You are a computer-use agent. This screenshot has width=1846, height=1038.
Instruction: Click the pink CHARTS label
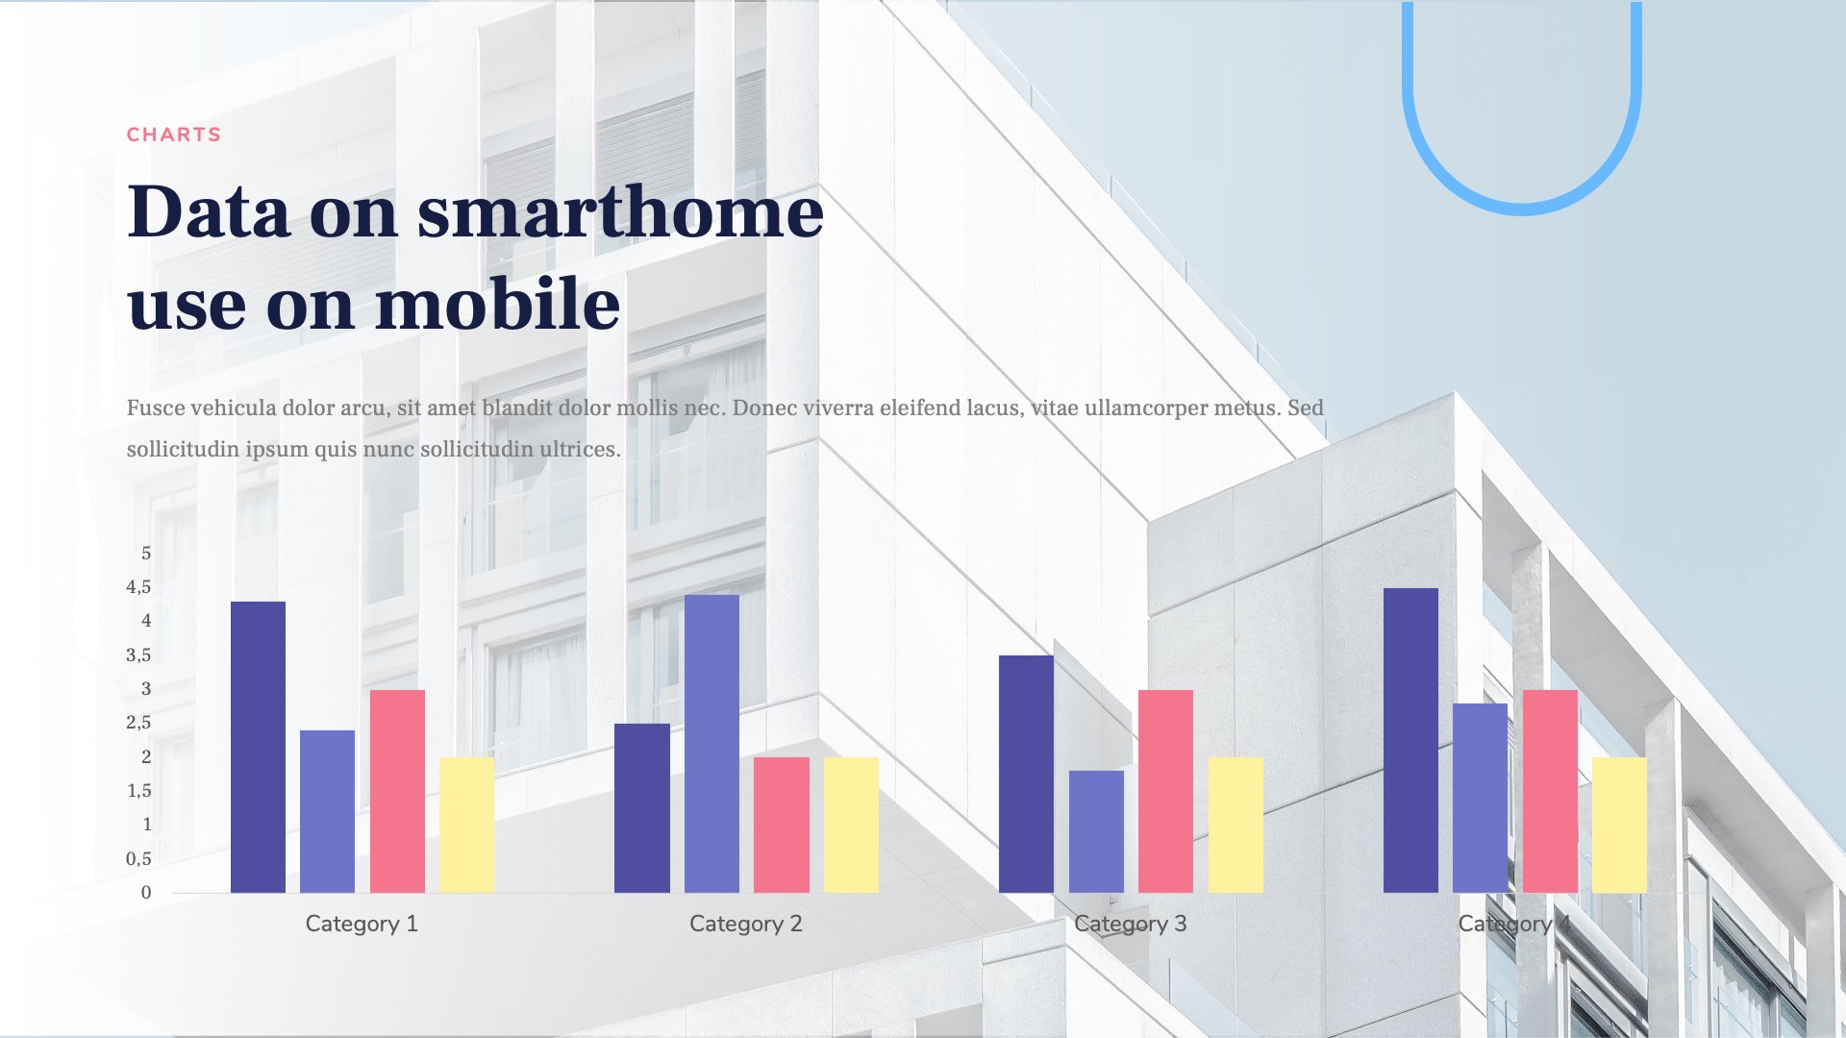pyautogui.click(x=174, y=135)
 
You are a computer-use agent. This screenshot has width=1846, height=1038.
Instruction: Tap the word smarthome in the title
pyautogui.click(x=620, y=211)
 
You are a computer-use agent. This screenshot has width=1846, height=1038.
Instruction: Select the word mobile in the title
pyautogui.click(x=497, y=304)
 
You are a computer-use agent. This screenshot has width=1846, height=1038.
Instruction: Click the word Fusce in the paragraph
pyautogui.click(x=156, y=408)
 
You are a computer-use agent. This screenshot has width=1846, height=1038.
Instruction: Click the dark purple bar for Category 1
pyautogui.click(x=258, y=747)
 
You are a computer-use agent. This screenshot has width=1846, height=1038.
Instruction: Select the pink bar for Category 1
pyautogui.click(x=397, y=791)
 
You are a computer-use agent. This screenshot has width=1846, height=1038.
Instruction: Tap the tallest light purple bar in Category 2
pyautogui.click(x=711, y=743)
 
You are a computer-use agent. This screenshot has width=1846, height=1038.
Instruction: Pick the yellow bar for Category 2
pyautogui.click(x=851, y=825)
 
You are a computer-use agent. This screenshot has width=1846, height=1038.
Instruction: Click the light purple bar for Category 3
pyautogui.click(x=1096, y=831)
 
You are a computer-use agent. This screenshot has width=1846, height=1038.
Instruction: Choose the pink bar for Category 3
pyautogui.click(x=1165, y=791)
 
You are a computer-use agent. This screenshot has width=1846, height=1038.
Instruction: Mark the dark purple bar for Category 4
pyautogui.click(x=1410, y=740)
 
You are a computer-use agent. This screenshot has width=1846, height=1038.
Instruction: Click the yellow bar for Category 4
pyautogui.click(x=1619, y=825)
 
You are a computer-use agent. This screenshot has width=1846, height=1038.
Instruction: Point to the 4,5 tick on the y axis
pyautogui.click(x=138, y=587)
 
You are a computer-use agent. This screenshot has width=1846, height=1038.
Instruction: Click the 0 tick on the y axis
pyautogui.click(x=146, y=893)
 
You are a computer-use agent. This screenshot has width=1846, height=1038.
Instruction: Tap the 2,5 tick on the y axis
pyautogui.click(x=138, y=723)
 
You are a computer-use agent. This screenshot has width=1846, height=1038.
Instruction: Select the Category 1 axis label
pyautogui.click(x=362, y=924)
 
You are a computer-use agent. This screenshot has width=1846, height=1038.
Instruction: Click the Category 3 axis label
pyautogui.click(x=1130, y=924)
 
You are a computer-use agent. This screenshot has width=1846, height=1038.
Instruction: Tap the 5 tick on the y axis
pyautogui.click(x=146, y=554)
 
